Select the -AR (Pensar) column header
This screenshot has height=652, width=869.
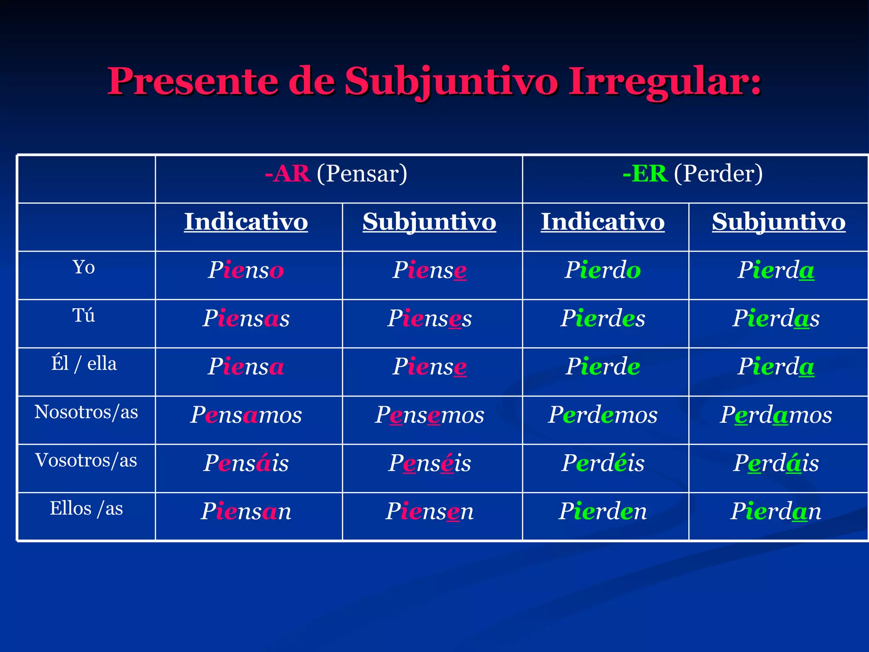pyautogui.click(x=336, y=174)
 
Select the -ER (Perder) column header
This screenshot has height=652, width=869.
pyautogui.click(x=692, y=174)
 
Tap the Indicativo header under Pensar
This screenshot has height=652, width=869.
pyautogui.click(x=246, y=222)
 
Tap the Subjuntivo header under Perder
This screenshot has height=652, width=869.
pyautogui.click(x=778, y=222)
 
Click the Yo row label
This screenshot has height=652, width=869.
pyautogui.click(x=84, y=267)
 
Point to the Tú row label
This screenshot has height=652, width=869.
pyautogui.click(x=84, y=315)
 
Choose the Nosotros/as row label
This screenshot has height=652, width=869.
pyautogui.click(x=86, y=412)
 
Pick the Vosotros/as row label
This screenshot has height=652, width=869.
pyautogui.click(x=86, y=460)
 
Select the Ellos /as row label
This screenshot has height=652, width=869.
pyautogui.click(x=86, y=508)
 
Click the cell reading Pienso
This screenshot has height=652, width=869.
pyautogui.click(x=246, y=270)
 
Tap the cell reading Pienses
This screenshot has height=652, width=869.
pyautogui.click(x=429, y=318)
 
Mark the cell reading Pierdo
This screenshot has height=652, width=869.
pyautogui.click(x=603, y=270)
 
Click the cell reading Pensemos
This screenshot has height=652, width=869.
pyautogui.click(x=429, y=415)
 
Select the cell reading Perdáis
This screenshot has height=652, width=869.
pyautogui.click(x=776, y=463)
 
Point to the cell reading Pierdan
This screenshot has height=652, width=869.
pyautogui.click(x=776, y=511)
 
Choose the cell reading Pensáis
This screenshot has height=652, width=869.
pyautogui.click(x=246, y=463)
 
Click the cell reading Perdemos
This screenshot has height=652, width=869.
pyautogui.click(x=603, y=415)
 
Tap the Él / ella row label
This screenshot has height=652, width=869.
pyautogui.click(x=84, y=364)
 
